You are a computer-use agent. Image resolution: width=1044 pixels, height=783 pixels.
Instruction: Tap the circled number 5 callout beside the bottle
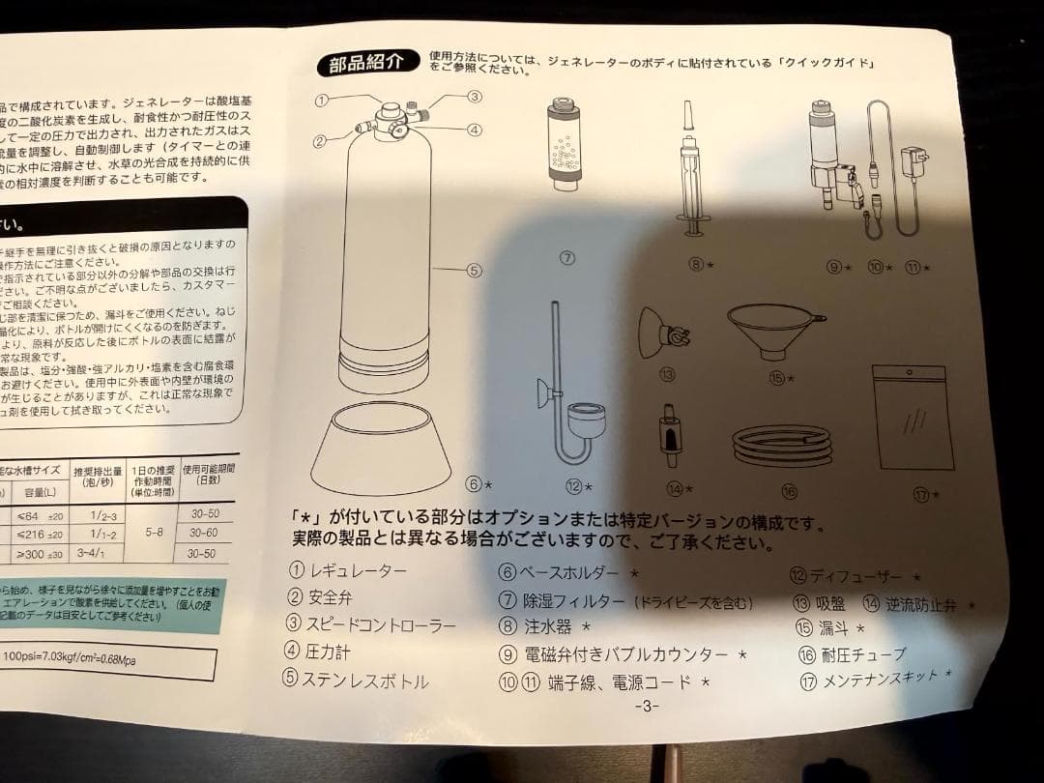[x=474, y=271]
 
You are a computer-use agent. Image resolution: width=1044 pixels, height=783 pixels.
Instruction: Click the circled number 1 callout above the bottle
[x=323, y=99]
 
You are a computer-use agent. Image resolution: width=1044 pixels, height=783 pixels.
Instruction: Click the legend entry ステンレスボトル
[x=365, y=680]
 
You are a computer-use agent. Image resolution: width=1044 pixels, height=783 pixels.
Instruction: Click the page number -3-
[x=647, y=706]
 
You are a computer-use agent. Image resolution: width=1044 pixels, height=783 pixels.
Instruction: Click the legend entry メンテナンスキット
[x=880, y=680]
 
